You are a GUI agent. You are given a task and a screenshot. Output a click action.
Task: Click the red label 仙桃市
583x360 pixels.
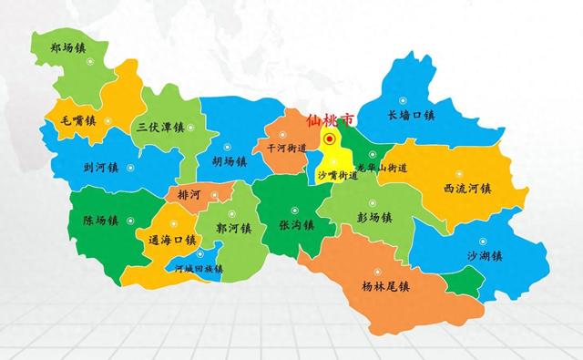pyautogui.click(x=330, y=119)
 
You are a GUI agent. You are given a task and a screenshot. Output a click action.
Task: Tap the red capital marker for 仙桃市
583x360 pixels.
pyautogui.click(x=330, y=139)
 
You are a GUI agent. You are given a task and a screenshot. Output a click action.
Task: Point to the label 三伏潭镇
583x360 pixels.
pyautogui.click(x=158, y=127)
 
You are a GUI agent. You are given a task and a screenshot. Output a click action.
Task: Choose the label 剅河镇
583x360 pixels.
pyautogui.click(x=101, y=168)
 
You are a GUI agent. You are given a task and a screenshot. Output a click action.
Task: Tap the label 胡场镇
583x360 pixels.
pyautogui.click(x=229, y=161)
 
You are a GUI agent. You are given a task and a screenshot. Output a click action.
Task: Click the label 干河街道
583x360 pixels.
pyautogui.click(x=285, y=148)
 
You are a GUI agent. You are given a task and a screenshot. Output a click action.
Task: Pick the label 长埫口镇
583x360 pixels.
pyautogui.click(x=411, y=116)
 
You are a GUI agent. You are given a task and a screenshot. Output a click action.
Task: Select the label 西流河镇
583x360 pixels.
pyautogui.click(x=467, y=189)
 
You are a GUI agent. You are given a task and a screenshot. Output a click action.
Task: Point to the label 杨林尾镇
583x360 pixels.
pyautogui.click(x=384, y=285)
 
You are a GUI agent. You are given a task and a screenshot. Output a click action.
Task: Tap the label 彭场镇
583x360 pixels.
pyautogui.click(x=373, y=217)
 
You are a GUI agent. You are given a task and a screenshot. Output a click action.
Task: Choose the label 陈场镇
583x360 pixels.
pyautogui.click(x=100, y=220)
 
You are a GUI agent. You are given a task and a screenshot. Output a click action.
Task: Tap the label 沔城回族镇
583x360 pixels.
pyautogui.click(x=199, y=269)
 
